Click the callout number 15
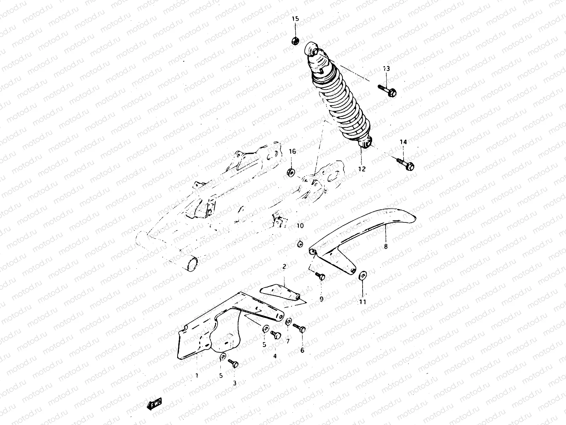pyautogui.click(x=295, y=19)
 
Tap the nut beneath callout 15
pyautogui.click(x=295, y=41)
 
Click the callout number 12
pyautogui.click(x=361, y=169)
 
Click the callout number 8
pyautogui.click(x=386, y=246)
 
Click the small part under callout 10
pyautogui.click(x=300, y=243)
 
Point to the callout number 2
pyautogui.click(x=284, y=266)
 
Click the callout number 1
pyautogui.click(x=197, y=374)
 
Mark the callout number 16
pyautogui.click(x=292, y=152)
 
